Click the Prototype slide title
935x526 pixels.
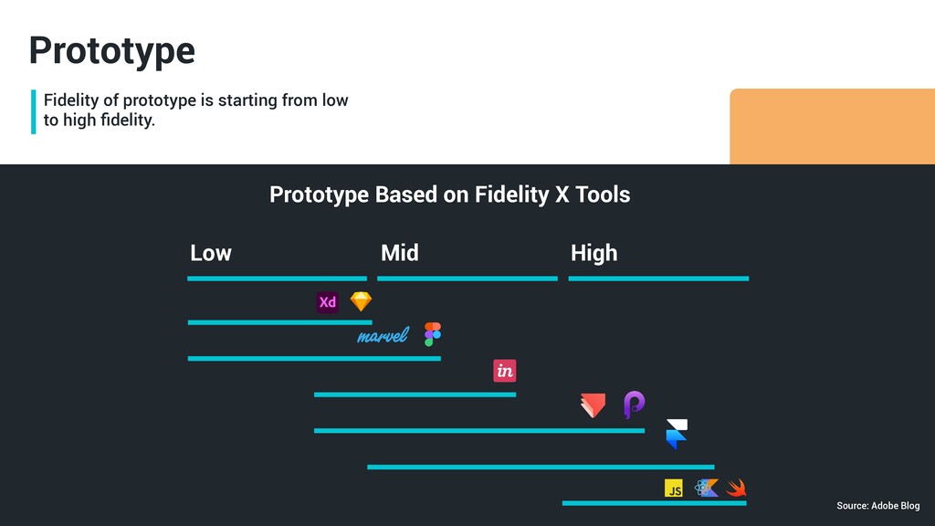(111, 50)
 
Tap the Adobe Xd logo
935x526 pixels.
(328, 302)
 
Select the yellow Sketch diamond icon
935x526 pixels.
(362, 301)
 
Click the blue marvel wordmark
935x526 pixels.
(383, 336)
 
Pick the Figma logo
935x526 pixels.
(433, 334)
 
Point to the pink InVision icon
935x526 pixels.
(504, 371)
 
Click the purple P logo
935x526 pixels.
(634, 404)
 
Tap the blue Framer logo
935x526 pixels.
(677, 435)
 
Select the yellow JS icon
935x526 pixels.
(674, 489)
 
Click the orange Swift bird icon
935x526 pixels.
(737, 489)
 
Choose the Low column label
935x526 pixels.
(210, 253)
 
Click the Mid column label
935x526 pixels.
(399, 253)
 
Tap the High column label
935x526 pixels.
(594, 253)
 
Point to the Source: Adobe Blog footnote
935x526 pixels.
(877, 506)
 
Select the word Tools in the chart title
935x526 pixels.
(603, 195)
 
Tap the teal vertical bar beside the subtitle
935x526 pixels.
(34, 111)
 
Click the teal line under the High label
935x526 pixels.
(658, 279)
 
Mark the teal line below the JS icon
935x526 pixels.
(654, 503)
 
